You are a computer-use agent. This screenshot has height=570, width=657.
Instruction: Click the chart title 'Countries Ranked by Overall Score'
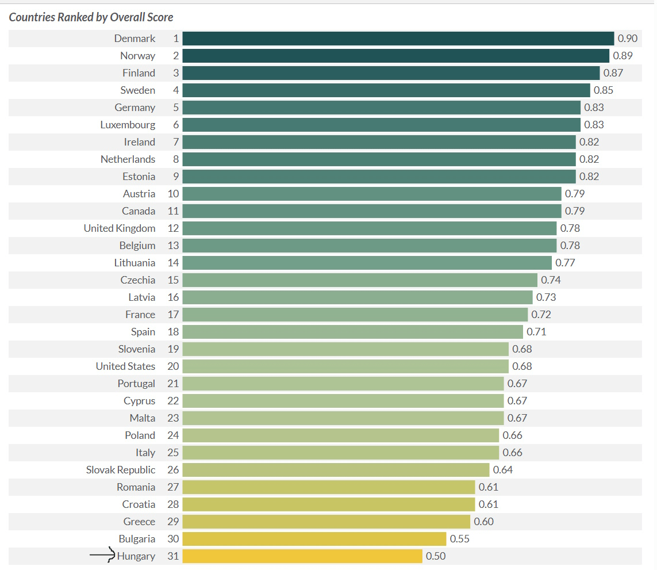pyautogui.click(x=91, y=17)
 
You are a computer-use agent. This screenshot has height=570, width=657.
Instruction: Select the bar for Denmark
pyautogui.click(x=398, y=39)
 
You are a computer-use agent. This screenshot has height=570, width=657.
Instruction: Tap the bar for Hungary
pyautogui.click(x=302, y=556)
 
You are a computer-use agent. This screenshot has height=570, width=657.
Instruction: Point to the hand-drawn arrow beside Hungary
pyautogui.click(x=102, y=555)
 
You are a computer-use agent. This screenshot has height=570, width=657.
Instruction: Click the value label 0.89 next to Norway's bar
pyautogui.click(x=623, y=56)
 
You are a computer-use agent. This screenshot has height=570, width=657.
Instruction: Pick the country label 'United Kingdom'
pyautogui.click(x=120, y=228)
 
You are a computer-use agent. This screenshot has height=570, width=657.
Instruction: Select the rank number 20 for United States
pyautogui.click(x=173, y=366)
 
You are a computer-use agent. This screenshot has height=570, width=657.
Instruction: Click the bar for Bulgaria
pyautogui.click(x=314, y=539)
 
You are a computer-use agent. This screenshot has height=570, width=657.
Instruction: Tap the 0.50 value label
pyautogui.click(x=436, y=556)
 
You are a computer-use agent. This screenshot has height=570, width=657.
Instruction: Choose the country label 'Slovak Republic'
pyautogui.click(x=121, y=470)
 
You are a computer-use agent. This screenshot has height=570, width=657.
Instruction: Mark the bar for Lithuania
pyautogui.click(x=367, y=263)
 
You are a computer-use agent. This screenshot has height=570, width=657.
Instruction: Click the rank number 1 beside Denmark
pyautogui.click(x=176, y=39)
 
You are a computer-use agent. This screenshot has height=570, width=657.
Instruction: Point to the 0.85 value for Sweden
pyautogui.click(x=604, y=90)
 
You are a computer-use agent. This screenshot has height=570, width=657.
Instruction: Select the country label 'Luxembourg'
pyautogui.click(x=128, y=125)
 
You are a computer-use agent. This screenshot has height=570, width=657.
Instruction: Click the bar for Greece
pyautogui.click(x=326, y=522)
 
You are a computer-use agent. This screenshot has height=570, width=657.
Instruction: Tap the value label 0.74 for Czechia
pyautogui.click(x=551, y=280)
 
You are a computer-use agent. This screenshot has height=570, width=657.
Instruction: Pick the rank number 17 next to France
pyautogui.click(x=173, y=315)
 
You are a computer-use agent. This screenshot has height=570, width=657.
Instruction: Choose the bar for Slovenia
pyautogui.click(x=345, y=349)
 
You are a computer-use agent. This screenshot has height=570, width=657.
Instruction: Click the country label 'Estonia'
pyautogui.click(x=139, y=177)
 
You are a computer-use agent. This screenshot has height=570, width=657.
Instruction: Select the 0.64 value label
pyautogui.click(x=503, y=470)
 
